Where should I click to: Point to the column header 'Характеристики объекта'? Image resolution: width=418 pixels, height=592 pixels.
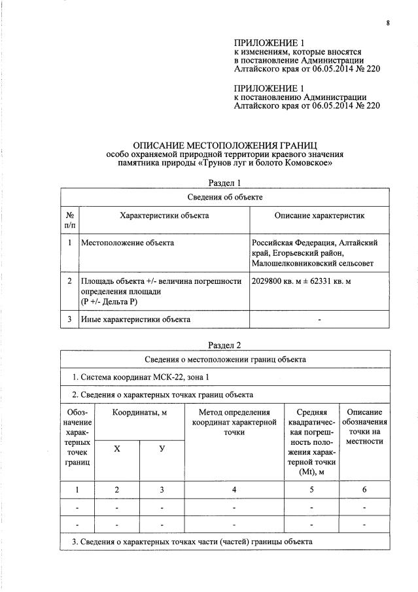pyautogui.click(x=164, y=215)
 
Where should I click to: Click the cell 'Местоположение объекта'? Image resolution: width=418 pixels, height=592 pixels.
pyautogui.click(x=128, y=243)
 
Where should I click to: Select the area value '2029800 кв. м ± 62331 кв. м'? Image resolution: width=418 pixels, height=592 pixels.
pyautogui.click(x=302, y=281)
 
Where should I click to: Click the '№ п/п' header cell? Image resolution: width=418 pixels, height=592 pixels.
pyautogui.click(x=69, y=220)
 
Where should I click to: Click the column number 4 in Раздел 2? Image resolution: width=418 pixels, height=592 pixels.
pyautogui.click(x=234, y=490)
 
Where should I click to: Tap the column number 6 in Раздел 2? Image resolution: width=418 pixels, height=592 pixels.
pyautogui.click(x=364, y=490)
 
